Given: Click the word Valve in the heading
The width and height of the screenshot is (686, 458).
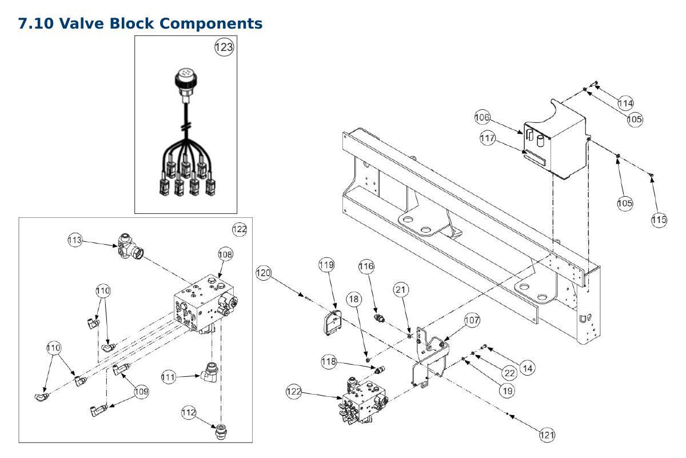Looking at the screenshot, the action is (81, 23).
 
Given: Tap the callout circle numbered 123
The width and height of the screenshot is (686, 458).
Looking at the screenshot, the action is (224, 47).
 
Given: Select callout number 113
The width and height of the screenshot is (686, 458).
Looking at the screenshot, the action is (75, 240).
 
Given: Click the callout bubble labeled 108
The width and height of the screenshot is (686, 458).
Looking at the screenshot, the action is (225, 254).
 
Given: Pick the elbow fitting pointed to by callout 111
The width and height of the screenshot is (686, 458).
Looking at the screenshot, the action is (210, 372).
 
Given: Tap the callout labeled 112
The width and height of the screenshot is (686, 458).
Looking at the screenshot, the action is (189, 412).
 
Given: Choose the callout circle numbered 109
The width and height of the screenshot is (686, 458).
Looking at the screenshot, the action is (142, 392).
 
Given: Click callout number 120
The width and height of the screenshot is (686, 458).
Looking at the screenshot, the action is (264, 273).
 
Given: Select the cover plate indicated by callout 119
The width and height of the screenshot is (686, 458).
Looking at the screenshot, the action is (333, 322).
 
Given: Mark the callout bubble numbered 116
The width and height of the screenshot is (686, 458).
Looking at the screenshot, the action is (366, 266).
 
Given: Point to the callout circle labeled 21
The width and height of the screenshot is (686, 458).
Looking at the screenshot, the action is (401, 290).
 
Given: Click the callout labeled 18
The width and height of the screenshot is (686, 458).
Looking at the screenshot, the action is (354, 299).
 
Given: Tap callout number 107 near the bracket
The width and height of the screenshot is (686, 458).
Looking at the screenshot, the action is (472, 320).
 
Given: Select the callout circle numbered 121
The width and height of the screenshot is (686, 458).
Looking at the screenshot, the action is (547, 435).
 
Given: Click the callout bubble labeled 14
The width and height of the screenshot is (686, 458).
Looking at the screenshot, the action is (528, 368).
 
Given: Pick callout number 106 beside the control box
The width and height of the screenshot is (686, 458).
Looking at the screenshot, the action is (482, 117).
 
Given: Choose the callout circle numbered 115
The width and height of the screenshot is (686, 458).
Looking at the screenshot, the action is (659, 220).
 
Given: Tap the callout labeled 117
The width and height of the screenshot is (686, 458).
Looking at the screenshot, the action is (488, 138).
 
